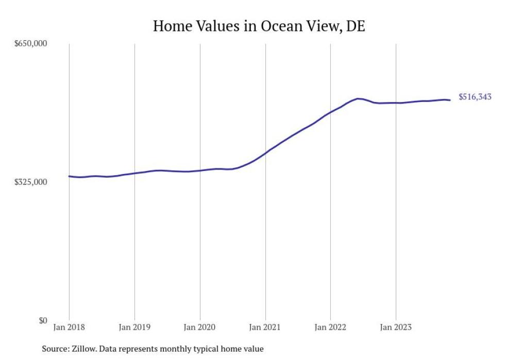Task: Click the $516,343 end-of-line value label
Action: (475, 97)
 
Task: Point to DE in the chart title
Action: (355, 27)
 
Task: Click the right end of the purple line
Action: (450, 100)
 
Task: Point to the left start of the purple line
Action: (69, 176)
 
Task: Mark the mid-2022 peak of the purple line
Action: (358, 98)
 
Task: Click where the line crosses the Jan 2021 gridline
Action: (265, 152)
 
